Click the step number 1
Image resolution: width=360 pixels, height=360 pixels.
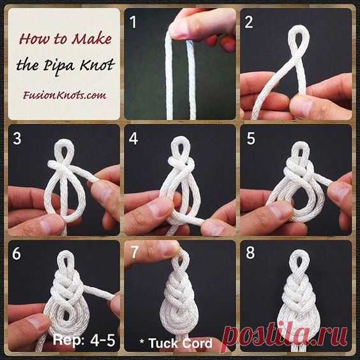click(133, 22)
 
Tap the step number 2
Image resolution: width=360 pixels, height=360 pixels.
click(249, 22)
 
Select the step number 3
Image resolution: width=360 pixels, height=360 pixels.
click(17, 139)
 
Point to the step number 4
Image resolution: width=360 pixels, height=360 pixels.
click(133, 139)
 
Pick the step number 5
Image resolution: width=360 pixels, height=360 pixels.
click(250, 139)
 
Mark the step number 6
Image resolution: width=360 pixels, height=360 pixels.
click(17, 253)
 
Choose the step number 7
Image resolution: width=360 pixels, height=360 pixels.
click(134, 251)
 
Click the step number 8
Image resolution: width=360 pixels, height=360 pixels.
click(250, 252)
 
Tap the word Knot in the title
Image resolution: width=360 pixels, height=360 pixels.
click(97, 64)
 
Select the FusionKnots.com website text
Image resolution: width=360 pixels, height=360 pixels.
click(64, 95)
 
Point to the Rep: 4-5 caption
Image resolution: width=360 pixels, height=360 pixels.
click(84, 340)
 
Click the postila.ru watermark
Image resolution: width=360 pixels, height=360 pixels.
click(285, 336)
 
